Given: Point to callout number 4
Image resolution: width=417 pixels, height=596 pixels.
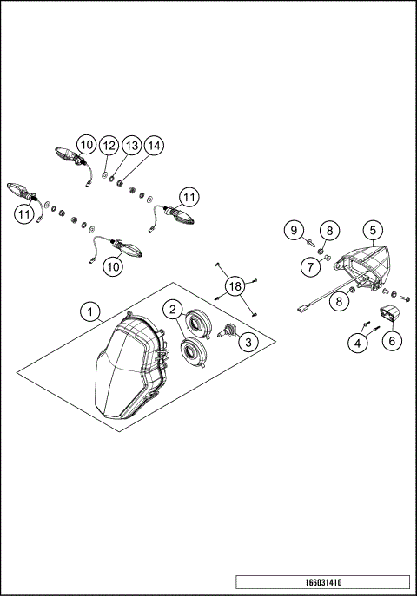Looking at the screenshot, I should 356,343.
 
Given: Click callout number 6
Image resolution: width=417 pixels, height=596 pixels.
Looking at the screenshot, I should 391,342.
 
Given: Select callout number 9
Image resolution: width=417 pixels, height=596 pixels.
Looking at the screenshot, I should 295,230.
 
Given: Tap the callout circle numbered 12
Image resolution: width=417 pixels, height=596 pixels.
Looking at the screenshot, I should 108,144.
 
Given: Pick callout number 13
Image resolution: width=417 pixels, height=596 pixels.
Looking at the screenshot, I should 130,144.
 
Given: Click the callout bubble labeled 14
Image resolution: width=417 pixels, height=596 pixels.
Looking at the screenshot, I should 153,144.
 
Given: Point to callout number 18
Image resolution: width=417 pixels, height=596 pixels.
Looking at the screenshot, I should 234,286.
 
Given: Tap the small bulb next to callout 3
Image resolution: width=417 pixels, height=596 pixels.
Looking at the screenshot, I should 231,331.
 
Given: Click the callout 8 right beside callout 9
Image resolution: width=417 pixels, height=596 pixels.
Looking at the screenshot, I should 328,230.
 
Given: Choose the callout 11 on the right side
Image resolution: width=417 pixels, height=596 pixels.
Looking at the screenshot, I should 189,196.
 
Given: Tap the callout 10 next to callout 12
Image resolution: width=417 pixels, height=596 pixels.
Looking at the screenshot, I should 85,144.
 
